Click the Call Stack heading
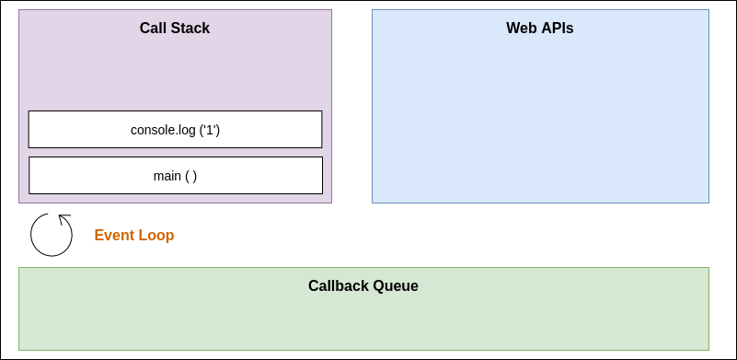pos(175,28)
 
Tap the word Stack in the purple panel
pos(190,28)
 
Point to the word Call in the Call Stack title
pos(153,28)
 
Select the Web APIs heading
pos(540,28)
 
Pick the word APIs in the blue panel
pos(557,28)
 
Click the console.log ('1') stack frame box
pos(175,129)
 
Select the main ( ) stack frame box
pos(175,175)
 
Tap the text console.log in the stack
pos(163,130)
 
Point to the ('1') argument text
pos(210,130)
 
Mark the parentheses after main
pos(190,175)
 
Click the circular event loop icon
pos(52,235)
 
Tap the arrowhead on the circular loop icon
pos(63,219)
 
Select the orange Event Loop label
pos(134,235)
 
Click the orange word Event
pos(115,235)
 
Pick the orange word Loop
pos(156,235)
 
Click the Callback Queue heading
pos(363,285)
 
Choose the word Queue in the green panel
pos(397,285)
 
